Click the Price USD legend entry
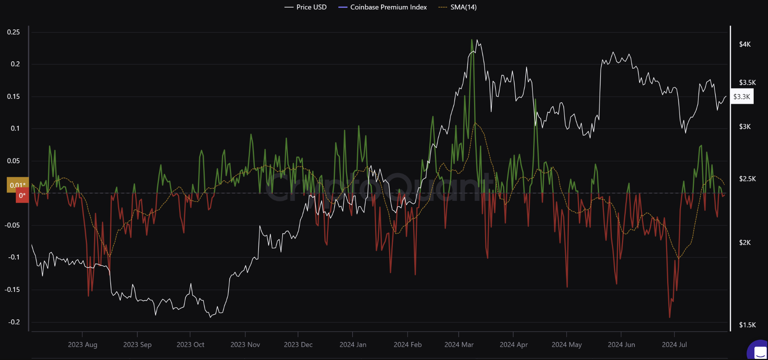coord(306,7)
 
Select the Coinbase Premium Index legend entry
coord(383,7)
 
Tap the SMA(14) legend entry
coord(458,7)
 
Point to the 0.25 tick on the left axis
coord(14,32)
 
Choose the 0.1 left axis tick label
coord(15,128)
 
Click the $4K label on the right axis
coord(745,44)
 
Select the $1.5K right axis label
coord(747,325)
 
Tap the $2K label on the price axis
coord(745,243)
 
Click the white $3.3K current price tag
coord(742,97)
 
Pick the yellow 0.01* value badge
coord(18,185)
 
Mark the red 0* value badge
coord(22,196)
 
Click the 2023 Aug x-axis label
coord(82,345)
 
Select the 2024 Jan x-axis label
coord(353,345)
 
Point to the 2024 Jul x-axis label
coord(674,345)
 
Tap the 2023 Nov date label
coord(245,345)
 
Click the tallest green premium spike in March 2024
coord(472,40)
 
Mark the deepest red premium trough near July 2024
coord(670,317)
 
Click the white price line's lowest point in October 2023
coord(210,317)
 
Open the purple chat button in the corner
coord(759,351)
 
